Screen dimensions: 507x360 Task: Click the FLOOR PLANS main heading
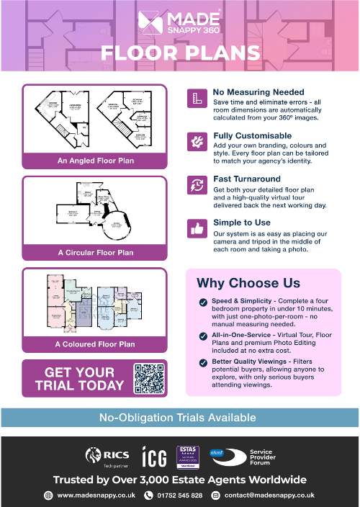180,53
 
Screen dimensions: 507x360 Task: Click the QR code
149,378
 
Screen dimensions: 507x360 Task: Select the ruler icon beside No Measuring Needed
196,99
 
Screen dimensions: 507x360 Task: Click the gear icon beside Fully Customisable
196,141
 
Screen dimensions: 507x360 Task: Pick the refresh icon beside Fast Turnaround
196,184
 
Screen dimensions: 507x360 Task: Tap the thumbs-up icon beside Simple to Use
196,229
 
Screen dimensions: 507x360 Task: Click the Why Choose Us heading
248,282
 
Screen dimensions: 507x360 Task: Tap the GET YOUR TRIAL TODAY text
79,379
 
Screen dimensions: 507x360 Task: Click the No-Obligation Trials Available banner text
177,417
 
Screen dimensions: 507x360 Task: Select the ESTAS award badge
186,457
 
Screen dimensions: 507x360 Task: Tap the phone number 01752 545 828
180,495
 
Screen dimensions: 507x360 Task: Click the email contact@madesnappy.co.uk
269,495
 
